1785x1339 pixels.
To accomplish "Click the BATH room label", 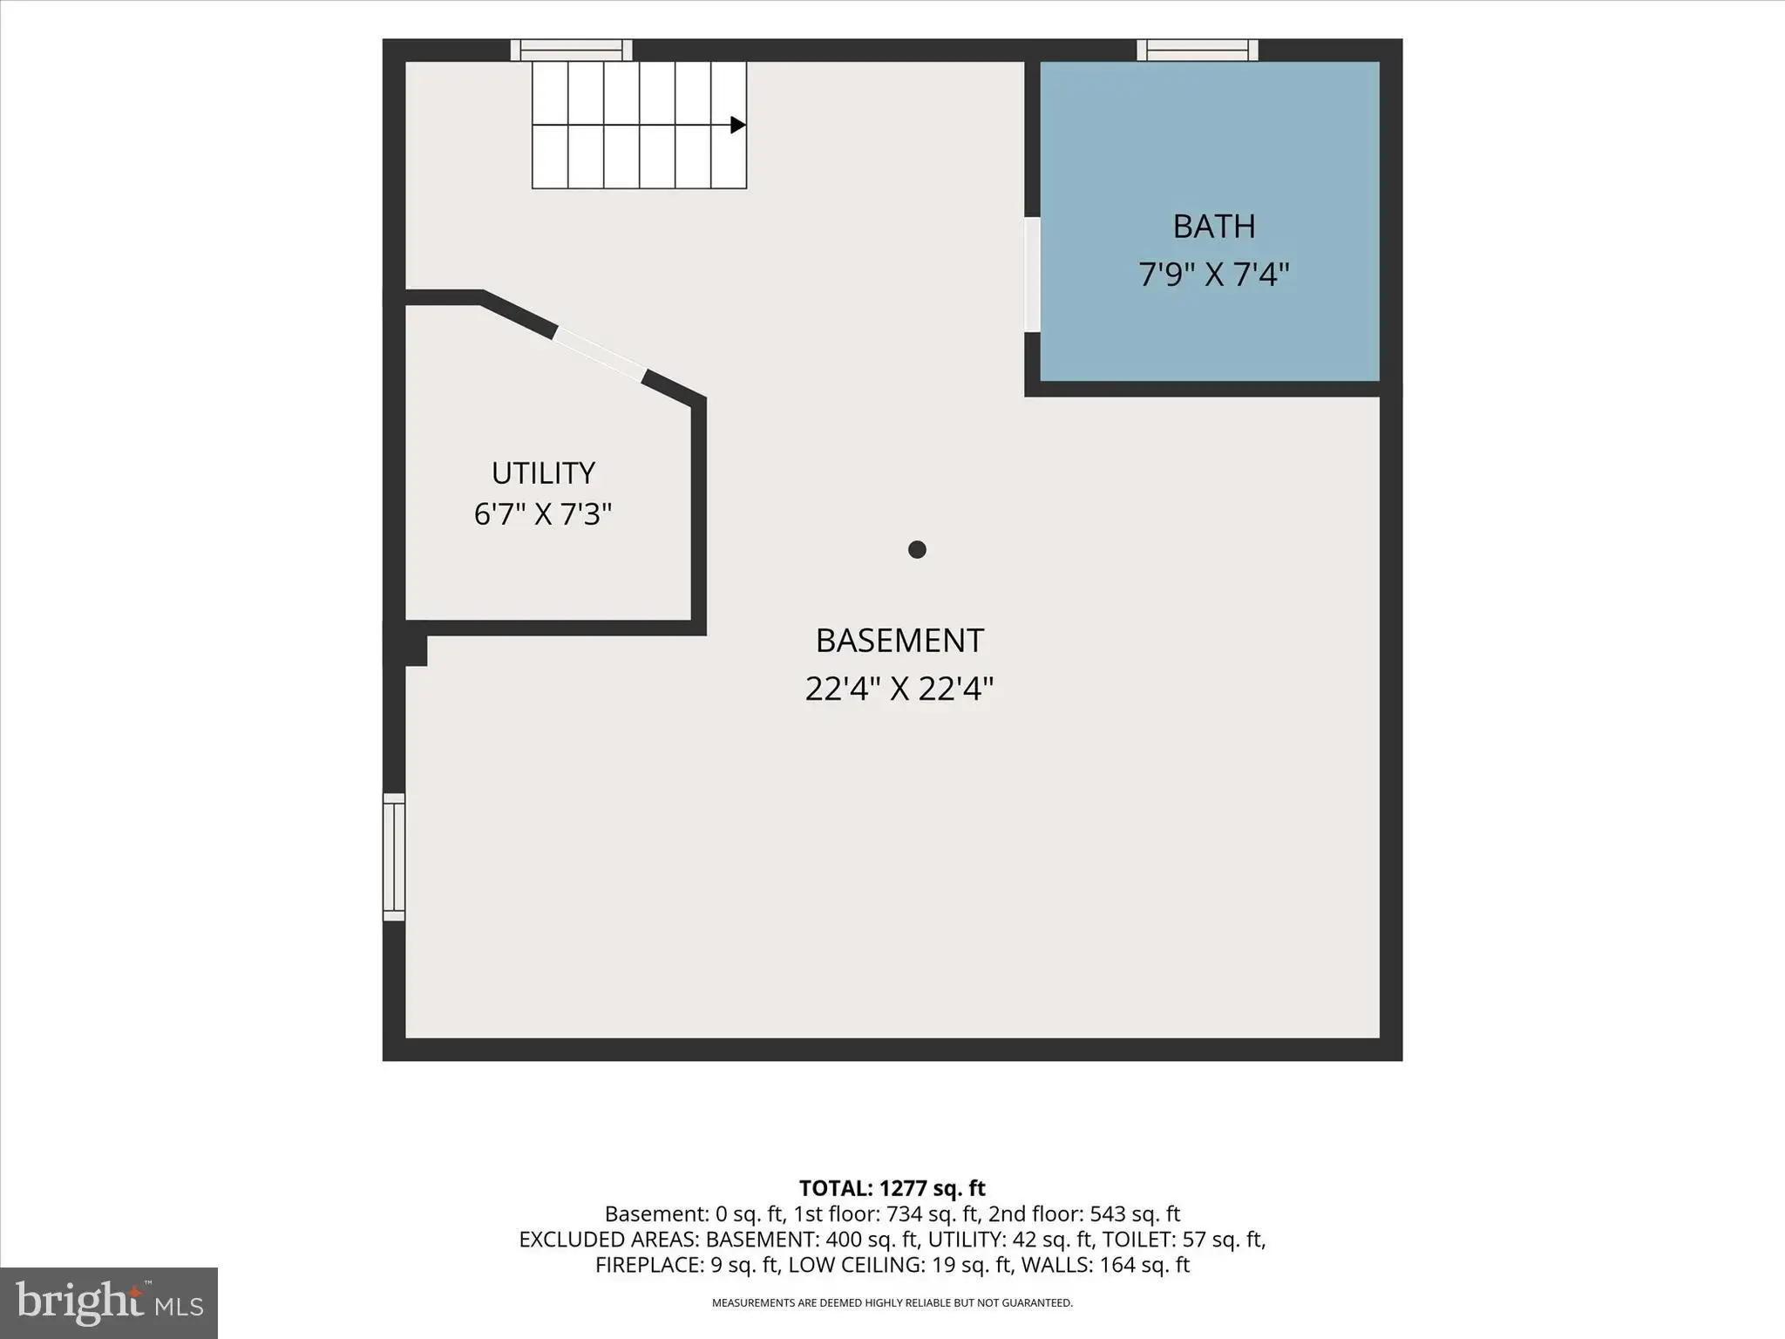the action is click(1213, 227).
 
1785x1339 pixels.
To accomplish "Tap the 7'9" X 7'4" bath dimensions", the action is click(1213, 275).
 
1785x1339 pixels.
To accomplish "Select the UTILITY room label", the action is click(543, 473).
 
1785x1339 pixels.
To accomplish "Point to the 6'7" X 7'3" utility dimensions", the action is click(543, 514).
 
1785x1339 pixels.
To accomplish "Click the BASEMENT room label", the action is click(899, 641).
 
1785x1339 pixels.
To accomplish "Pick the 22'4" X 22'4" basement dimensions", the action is click(899, 690).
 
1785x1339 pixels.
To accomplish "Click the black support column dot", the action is click(917, 549).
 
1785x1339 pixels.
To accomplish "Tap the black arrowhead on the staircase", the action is click(738, 125).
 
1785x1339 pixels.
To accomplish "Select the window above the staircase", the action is click(571, 50).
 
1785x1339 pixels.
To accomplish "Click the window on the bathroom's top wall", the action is click(1198, 50).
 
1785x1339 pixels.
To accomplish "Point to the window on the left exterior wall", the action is click(394, 857).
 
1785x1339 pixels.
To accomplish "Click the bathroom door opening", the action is click(1032, 275).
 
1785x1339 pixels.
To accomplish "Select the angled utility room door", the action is click(600, 354).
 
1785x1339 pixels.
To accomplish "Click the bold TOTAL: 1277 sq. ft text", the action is click(892, 1188).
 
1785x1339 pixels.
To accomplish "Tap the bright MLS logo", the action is click(109, 1302).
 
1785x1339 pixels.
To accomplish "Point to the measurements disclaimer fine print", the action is click(892, 1303).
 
